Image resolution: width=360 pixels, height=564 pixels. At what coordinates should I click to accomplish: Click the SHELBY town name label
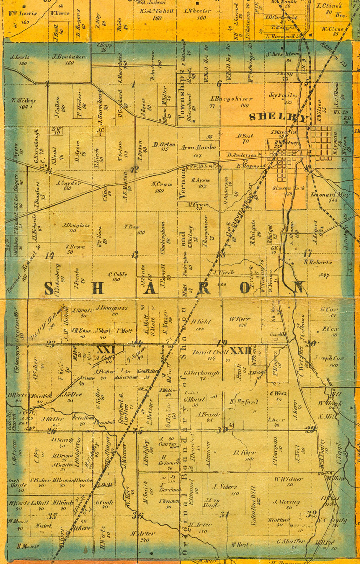[279, 117]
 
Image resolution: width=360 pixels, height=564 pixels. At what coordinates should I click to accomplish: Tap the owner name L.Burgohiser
[231, 99]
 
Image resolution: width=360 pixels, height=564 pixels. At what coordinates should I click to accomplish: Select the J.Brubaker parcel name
[68, 57]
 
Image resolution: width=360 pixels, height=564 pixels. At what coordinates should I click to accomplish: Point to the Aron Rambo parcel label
[198, 147]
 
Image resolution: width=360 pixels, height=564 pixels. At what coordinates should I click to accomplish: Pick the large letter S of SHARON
[49, 288]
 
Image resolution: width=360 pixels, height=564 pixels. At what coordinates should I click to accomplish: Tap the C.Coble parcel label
[117, 274]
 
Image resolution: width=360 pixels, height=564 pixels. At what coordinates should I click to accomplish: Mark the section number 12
[135, 169]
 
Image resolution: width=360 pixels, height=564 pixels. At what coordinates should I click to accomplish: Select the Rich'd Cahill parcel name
[157, 11]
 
